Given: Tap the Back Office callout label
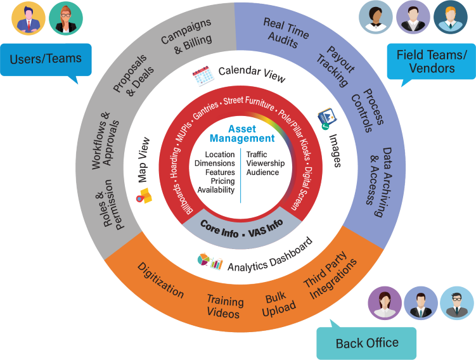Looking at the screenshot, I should (367, 344).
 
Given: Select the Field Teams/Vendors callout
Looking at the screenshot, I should (431, 61).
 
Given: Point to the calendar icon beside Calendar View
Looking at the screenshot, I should (203, 79).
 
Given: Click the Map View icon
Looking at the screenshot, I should (145, 196).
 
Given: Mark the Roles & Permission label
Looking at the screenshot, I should (112, 203).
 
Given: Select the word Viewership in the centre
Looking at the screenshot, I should (266, 163).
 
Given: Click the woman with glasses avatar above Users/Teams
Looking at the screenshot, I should (66, 18).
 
